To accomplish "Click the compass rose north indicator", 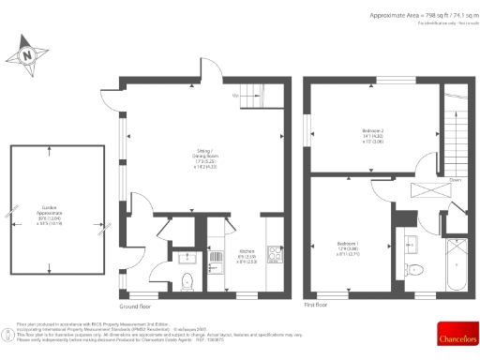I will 27,54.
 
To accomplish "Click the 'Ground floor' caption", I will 136,307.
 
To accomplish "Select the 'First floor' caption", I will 316,306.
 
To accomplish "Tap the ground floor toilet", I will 187,281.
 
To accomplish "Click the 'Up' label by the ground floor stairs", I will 233,96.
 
